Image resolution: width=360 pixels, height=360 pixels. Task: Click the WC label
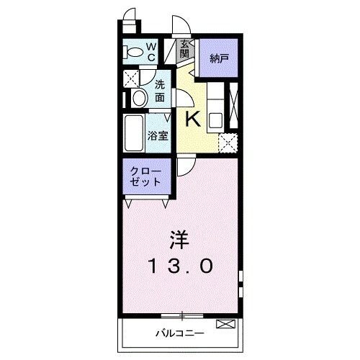click(151, 52)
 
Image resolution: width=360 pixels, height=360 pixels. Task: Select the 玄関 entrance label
click(184, 49)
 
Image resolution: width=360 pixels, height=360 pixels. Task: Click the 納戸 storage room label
click(220, 58)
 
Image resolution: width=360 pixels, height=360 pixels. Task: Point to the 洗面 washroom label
click(160, 91)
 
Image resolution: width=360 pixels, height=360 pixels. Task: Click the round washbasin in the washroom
click(139, 98)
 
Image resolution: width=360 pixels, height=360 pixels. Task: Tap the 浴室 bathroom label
click(158, 136)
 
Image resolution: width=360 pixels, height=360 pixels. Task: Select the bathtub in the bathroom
click(134, 133)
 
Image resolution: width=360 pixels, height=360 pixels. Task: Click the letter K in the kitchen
click(193, 120)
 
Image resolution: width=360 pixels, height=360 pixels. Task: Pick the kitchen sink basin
click(215, 121)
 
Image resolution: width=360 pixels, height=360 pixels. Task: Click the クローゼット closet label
click(145, 176)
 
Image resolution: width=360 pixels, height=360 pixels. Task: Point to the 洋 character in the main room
click(179, 240)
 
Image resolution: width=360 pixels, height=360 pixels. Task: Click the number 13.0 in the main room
click(181, 266)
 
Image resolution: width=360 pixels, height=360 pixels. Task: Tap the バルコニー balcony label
click(180, 333)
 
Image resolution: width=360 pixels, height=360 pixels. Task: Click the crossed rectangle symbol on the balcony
click(225, 324)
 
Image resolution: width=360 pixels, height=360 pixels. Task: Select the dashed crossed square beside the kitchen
click(228, 143)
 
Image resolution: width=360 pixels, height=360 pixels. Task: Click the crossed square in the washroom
click(131, 78)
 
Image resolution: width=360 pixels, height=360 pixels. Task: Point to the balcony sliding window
click(182, 316)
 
